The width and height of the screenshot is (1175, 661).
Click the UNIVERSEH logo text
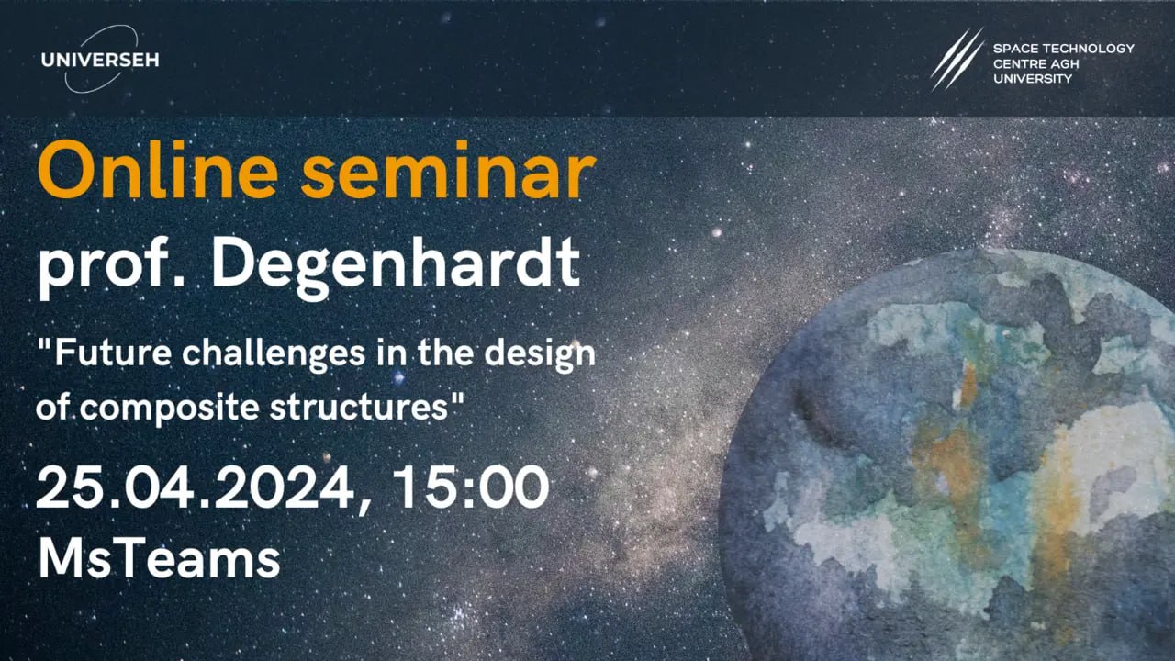(x=100, y=60)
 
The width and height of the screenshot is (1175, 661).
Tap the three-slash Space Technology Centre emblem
(x=957, y=60)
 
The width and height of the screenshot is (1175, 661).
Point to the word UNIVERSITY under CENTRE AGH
(x=1033, y=79)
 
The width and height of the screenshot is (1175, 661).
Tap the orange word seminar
(x=449, y=172)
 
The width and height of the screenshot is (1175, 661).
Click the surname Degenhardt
(x=396, y=266)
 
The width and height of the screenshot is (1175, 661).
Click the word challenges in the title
(x=274, y=353)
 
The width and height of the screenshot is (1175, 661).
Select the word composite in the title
(x=170, y=409)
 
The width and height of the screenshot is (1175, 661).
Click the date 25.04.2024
(x=204, y=488)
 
